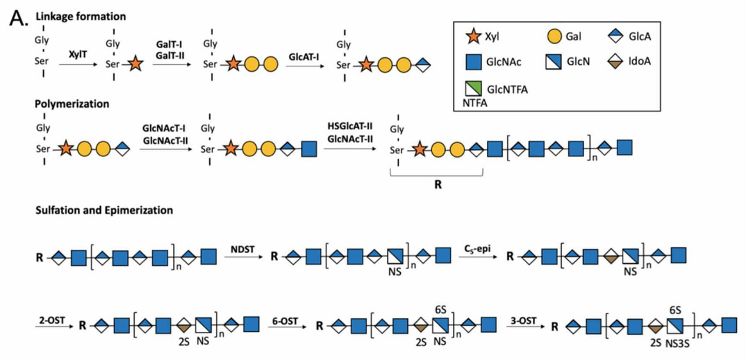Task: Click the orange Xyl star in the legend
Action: point(473,36)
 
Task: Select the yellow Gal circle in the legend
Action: point(554,36)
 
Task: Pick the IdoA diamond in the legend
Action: point(616,61)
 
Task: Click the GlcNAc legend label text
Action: point(504,62)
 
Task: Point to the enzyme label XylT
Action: point(78,54)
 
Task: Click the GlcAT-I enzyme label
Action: point(304,57)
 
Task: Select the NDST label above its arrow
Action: point(242,249)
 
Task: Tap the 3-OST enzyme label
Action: point(523,320)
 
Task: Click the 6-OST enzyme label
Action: point(285,321)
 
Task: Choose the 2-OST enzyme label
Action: point(52,320)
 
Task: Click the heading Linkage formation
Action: point(81,17)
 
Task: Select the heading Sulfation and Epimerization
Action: point(104,210)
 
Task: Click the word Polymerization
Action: point(72,104)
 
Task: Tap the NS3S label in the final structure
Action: point(678,343)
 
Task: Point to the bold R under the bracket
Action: point(438,185)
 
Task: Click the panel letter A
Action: point(18,18)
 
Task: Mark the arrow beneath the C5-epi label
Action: point(479,257)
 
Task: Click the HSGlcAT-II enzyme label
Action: point(350,126)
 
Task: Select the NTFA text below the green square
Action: point(475,103)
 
